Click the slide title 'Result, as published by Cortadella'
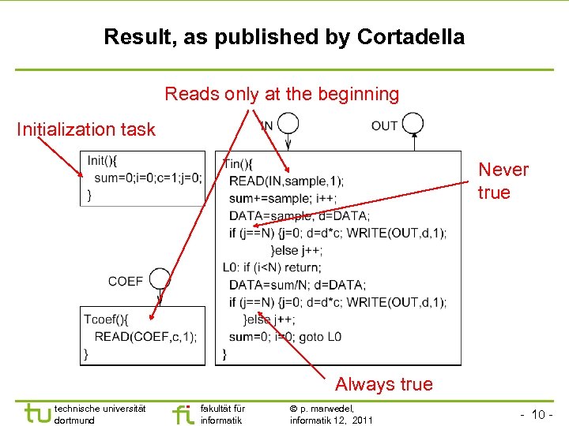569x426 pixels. coord(284,36)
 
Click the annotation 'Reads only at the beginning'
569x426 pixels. coord(282,94)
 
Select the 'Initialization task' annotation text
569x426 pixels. coord(86,129)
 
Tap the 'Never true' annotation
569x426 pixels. coord(503,181)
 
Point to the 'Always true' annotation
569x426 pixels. coord(383,384)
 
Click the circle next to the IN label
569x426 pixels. coord(288,124)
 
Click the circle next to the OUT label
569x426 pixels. coord(412,124)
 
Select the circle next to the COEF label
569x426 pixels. coord(160,279)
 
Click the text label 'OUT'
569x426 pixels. coord(385,125)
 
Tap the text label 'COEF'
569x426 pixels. coord(126,281)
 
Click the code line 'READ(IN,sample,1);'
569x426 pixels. coord(286,181)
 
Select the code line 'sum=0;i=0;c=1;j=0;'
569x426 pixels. coord(148,177)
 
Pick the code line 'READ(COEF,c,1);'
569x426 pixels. coord(145,337)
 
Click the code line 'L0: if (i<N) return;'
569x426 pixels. coord(281,267)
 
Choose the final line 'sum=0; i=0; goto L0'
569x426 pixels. coord(285,337)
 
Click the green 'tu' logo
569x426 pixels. coord(36,413)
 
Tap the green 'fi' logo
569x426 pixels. coord(182,413)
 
